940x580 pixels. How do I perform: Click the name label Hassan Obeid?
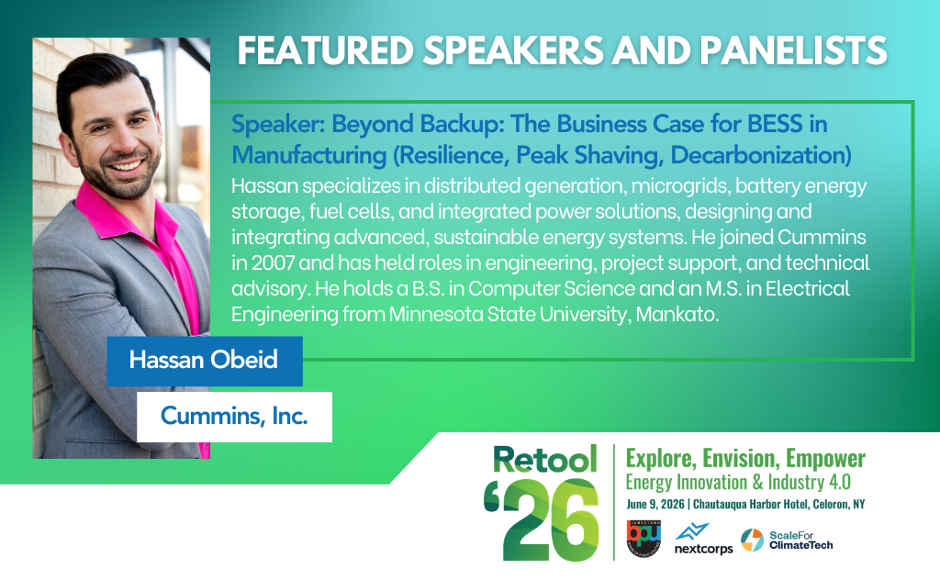point(203,359)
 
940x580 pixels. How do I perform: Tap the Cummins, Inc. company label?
point(234,416)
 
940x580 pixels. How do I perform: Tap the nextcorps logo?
point(703,541)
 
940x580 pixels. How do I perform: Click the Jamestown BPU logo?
point(643,539)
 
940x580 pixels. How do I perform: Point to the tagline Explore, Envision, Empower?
point(744,459)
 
